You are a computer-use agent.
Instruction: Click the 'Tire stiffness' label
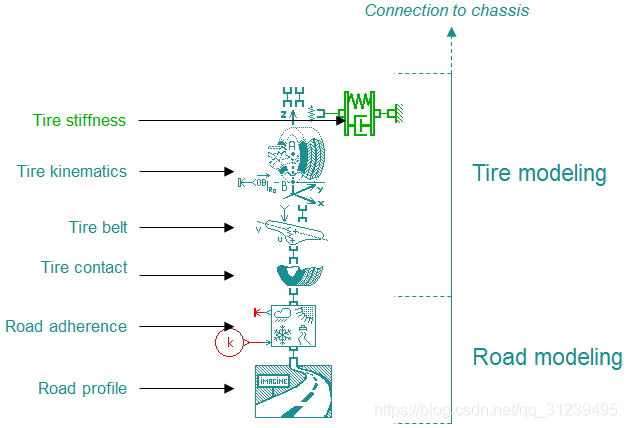79,120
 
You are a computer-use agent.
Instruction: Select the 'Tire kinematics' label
72,171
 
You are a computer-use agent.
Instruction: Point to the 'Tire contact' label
84,267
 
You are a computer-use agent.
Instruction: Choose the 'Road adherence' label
66,326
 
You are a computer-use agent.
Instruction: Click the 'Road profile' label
82,388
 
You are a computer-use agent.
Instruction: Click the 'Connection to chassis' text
446,11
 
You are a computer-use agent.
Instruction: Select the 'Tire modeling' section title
539,173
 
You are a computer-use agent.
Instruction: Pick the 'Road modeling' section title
547,357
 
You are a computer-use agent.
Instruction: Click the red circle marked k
230,343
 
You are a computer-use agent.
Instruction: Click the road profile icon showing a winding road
293,391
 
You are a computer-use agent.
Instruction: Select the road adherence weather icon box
294,325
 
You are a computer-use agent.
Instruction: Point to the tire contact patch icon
293,274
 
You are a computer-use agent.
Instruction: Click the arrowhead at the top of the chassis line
452,33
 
